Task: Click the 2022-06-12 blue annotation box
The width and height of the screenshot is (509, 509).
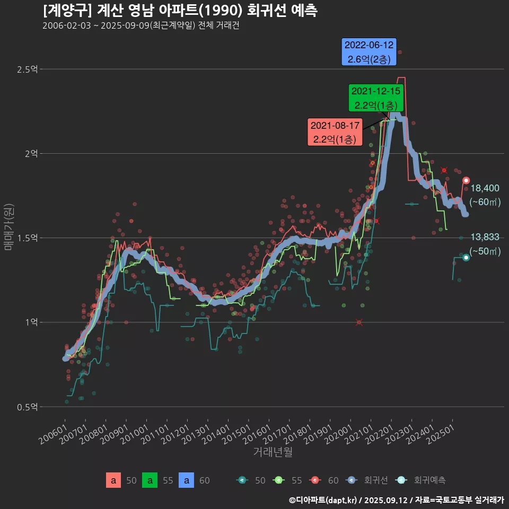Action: click(x=370, y=52)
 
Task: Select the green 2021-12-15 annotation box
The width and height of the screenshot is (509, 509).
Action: click(x=376, y=98)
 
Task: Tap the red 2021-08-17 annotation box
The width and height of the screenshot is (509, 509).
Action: click(x=335, y=133)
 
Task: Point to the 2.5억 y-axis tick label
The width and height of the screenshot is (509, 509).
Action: click(x=27, y=69)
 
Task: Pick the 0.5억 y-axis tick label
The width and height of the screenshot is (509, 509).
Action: click(x=27, y=407)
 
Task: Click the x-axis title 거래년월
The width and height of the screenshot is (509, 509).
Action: click(x=273, y=452)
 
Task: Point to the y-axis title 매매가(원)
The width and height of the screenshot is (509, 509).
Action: click(x=9, y=226)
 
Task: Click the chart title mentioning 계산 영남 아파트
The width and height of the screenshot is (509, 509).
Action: click(x=180, y=11)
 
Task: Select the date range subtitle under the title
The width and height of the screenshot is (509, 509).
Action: click(x=141, y=26)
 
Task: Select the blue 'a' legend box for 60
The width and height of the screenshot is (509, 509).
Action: click(x=186, y=480)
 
